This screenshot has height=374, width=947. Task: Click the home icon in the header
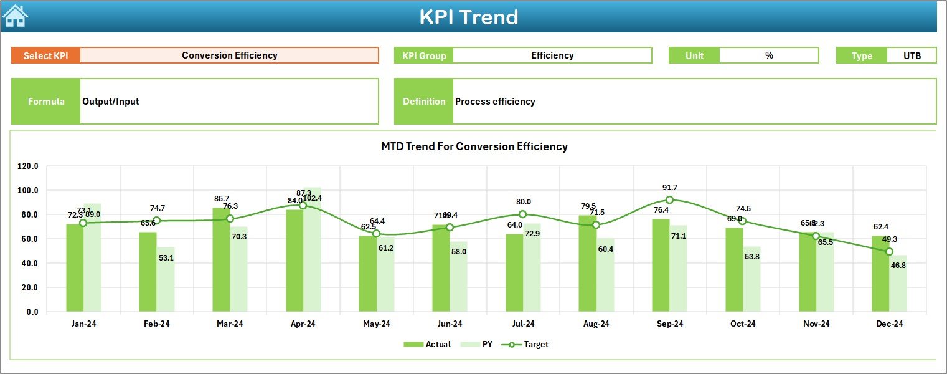pos(15,16)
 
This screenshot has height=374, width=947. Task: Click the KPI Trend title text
pos(468,17)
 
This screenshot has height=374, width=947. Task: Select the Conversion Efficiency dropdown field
pos(229,55)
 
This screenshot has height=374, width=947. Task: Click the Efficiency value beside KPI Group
pos(552,55)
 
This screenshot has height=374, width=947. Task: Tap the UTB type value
pos(912,55)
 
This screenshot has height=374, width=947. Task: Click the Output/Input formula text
pos(111,102)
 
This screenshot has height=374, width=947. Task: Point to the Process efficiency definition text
pos(495,102)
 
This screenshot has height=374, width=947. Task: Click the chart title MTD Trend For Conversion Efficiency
pos(474,146)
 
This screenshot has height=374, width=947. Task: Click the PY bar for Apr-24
pos(313,249)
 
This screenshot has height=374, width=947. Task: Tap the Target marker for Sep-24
pos(669,200)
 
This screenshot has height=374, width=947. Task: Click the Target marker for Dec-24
pos(889,252)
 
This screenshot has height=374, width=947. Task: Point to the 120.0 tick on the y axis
pos(27,166)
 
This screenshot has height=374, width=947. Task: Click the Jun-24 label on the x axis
pos(450,324)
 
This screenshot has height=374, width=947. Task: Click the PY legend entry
pos(479,344)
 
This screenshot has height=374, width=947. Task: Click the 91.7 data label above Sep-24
pos(670,187)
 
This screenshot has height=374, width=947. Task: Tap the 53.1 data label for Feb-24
pos(166,257)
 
